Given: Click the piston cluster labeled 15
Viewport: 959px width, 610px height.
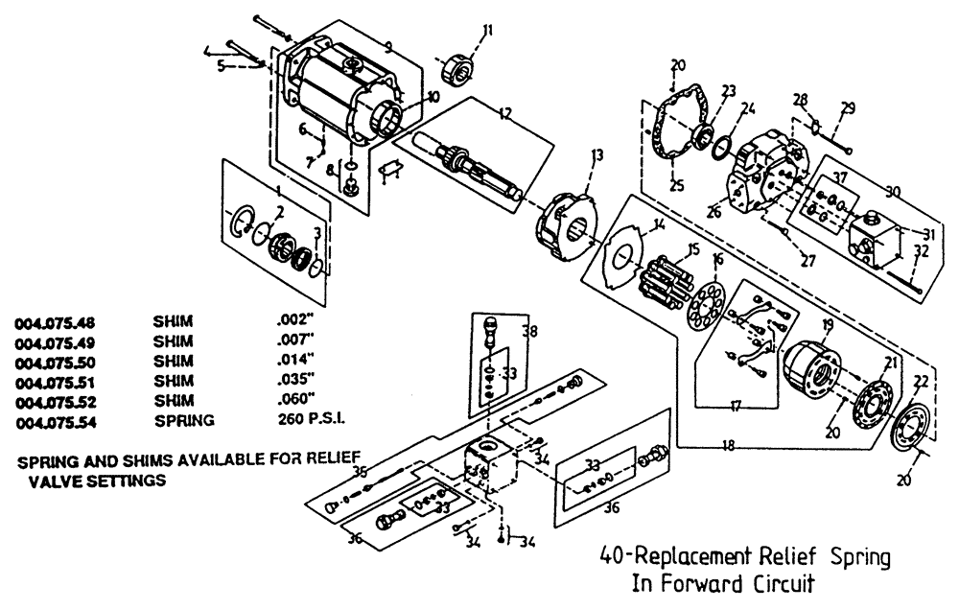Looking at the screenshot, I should [x=665, y=273].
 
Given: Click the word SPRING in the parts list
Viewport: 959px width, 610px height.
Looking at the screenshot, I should [x=184, y=420].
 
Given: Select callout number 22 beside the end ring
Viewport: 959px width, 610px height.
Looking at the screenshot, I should [x=921, y=382].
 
